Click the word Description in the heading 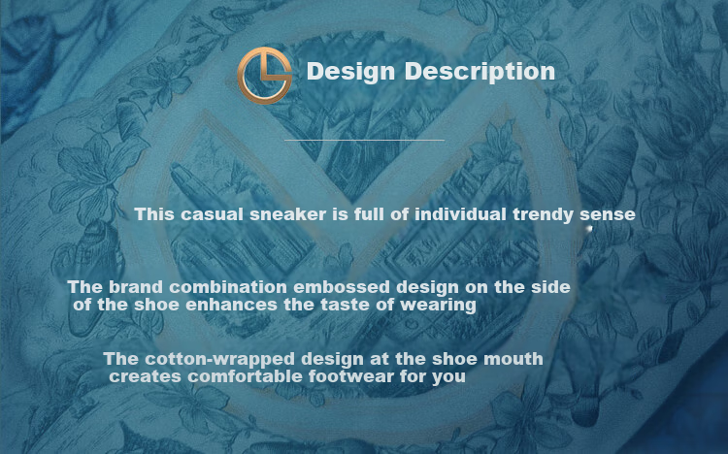(480, 72)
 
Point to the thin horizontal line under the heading (364, 140)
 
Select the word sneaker (288, 214)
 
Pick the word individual (460, 214)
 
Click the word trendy (544, 215)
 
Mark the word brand (136, 287)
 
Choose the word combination (228, 287)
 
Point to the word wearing (438, 306)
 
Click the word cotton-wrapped (219, 359)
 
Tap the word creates (145, 376)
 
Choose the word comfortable (246, 376)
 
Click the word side (550, 287)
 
